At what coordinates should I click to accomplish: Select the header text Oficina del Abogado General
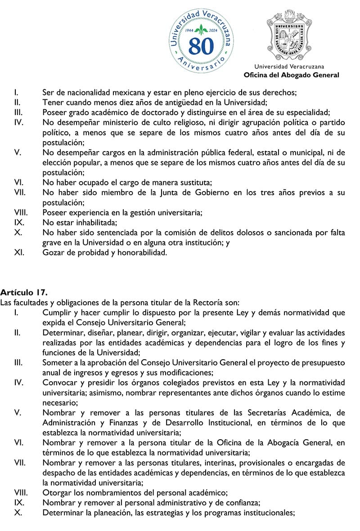click(291, 75)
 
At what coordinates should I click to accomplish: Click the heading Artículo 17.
click(24, 293)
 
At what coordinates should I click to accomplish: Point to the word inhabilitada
click(94, 223)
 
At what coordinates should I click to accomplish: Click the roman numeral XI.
click(19, 252)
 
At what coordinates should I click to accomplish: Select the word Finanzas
click(127, 423)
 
